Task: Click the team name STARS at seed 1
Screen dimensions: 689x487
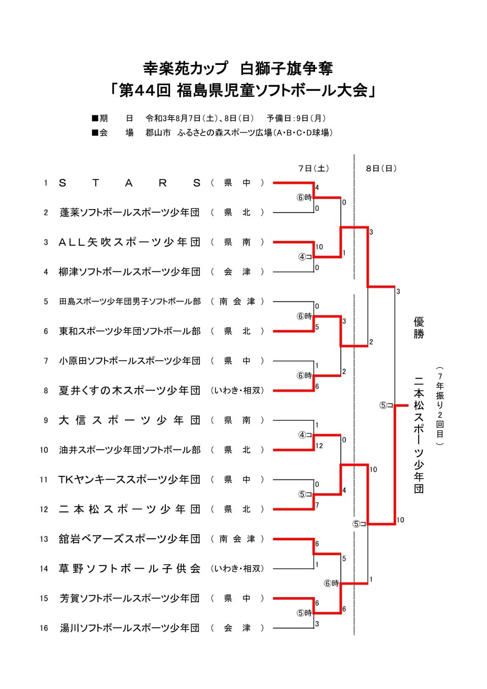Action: [129, 183]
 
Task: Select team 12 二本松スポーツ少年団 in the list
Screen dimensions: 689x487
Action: [129, 509]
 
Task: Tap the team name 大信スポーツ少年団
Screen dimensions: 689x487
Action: [129, 420]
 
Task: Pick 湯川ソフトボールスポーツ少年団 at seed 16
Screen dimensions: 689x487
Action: [129, 628]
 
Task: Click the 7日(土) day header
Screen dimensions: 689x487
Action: [314, 168]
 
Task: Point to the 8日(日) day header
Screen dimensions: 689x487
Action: [381, 168]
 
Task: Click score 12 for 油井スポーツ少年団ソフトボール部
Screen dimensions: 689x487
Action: [319, 446]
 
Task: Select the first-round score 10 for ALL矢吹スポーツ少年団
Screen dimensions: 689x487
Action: [319, 247]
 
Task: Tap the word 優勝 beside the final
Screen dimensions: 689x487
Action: [419, 328]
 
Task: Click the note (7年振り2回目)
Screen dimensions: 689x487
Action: [440, 406]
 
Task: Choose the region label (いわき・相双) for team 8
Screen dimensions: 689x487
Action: [237, 391]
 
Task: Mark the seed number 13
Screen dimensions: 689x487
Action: [44, 539]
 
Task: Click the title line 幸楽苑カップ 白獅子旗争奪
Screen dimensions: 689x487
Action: [238, 68]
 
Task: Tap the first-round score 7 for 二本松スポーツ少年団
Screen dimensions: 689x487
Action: [317, 505]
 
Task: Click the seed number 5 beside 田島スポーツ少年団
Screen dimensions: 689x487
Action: [46, 302]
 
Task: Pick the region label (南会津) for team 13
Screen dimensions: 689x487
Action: [237, 539]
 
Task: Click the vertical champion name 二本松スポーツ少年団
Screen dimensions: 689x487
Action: [419, 434]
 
